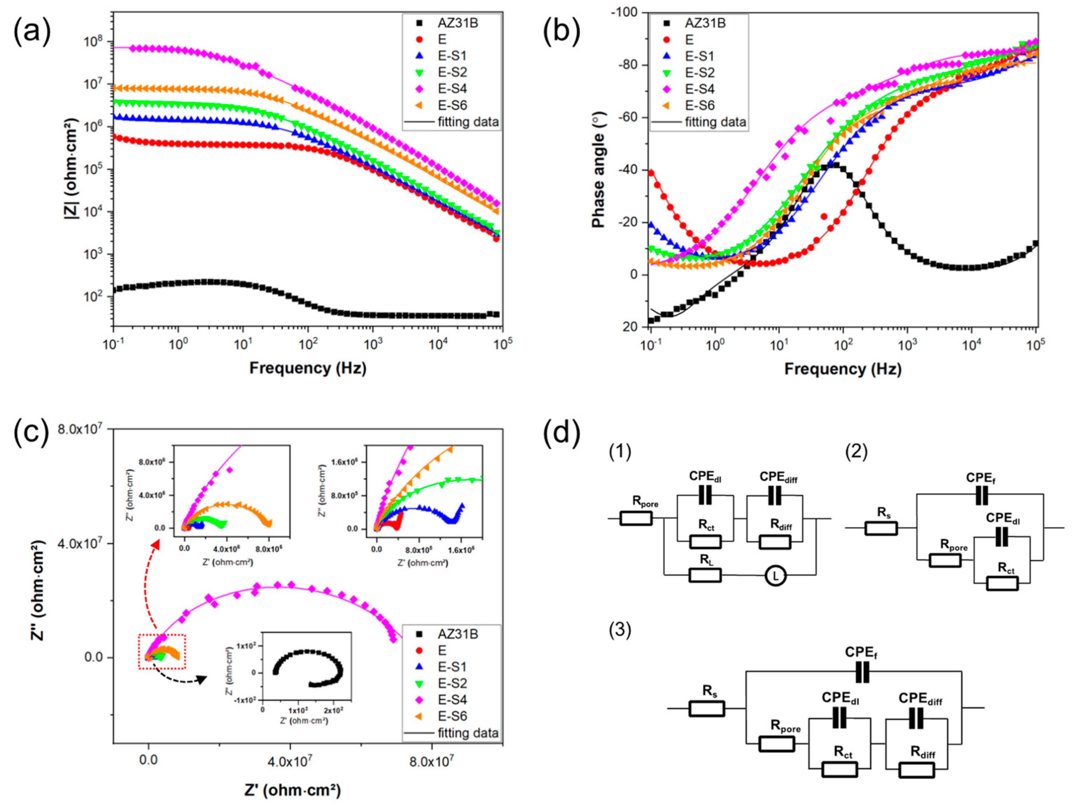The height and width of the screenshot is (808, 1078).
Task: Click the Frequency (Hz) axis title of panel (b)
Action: click(x=842, y=368)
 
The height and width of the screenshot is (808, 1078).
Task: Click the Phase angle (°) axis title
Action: click(x=598, y=170)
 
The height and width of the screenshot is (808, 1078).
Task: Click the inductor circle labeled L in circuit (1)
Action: click(x=775, y=576)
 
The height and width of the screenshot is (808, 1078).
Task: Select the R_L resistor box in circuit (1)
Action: click(x=705, y=576)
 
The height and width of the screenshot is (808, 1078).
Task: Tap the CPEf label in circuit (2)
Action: click(x=981, y=478)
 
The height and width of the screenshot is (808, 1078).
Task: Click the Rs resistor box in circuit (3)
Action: click(x=706, y=708)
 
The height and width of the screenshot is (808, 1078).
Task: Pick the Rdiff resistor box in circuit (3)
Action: click(x=917, y=770)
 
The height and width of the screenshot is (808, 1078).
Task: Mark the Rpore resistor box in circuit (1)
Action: click(x=636, y=518)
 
